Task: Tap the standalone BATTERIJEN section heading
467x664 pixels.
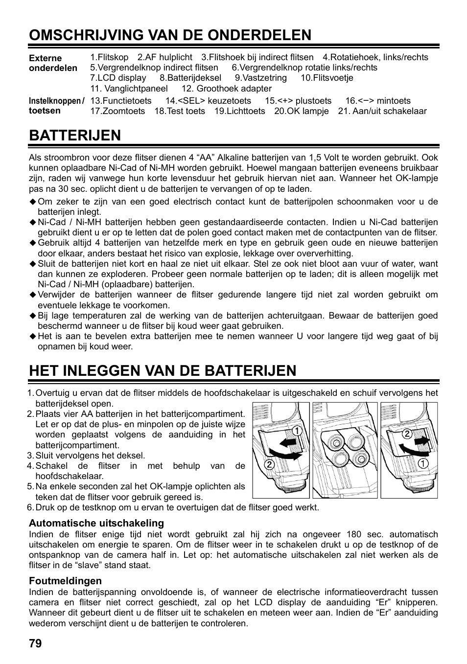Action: click(75, 135)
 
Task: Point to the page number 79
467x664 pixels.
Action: click(35, 643)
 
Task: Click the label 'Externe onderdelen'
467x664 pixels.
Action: click(53, 63)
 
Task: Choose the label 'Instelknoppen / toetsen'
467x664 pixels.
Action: click(56, 106)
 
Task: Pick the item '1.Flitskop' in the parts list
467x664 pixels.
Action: click(109, 57)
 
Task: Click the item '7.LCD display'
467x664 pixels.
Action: click(118, 78)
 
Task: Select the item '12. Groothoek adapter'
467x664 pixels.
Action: click(227, 89)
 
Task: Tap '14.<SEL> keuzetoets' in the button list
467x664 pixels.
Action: click(208, 101)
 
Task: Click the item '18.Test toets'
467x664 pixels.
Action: click(180, 111)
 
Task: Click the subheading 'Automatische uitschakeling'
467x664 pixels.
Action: click(96, 523)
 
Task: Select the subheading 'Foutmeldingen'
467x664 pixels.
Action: click(65, 581)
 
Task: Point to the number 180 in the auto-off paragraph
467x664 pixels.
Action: click(354, 534)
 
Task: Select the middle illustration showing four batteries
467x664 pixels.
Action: click(345, 450)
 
